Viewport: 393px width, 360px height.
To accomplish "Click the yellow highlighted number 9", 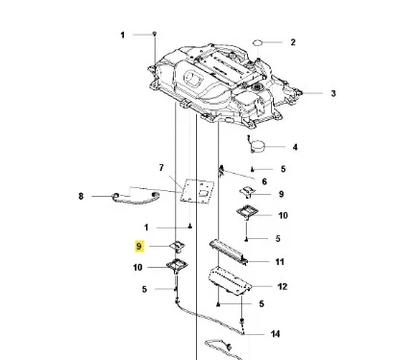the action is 139,247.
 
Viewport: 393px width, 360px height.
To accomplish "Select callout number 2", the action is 293,42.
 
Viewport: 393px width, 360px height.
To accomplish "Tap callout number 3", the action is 333,93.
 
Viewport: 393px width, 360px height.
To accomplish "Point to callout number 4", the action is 295,147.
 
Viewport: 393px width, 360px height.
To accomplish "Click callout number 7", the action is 161,168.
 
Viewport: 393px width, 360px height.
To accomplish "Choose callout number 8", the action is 81,196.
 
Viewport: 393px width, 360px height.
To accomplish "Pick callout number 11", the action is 280,262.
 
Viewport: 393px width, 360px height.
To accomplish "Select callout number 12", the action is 282,286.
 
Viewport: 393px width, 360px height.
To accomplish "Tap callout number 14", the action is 276,334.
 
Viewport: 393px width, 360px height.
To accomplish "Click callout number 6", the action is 264,181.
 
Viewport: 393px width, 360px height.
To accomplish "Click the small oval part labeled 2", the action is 258,42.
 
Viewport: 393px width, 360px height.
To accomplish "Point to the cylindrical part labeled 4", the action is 258,146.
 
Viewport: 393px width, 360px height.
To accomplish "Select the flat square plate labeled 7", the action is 197,191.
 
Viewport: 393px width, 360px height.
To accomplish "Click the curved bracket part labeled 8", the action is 135,201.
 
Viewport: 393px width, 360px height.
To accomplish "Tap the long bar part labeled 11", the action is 229,252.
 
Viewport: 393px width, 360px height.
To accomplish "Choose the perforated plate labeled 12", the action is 230,280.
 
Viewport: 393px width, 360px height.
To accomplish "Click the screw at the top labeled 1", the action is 155,34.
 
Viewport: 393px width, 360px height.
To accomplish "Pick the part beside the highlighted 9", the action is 178,247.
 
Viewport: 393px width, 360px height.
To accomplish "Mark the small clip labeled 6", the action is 221,171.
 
